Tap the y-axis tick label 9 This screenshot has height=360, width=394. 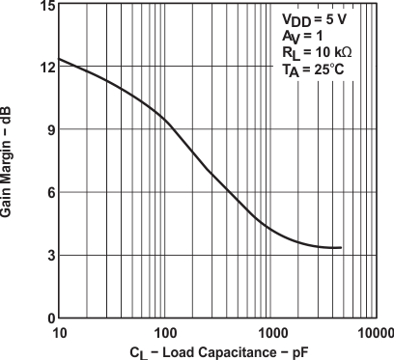(x=47, y=130)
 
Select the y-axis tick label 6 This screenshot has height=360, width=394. (x=47, y=193)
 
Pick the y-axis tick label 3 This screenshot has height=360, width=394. (x=47, y=255)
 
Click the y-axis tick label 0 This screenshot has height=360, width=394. (x=47, y=318)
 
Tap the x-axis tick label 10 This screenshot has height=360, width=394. (x=59, y=332)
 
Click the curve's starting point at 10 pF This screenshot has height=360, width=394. (x=59, y=59)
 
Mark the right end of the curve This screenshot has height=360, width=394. (x=342, y=248)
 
